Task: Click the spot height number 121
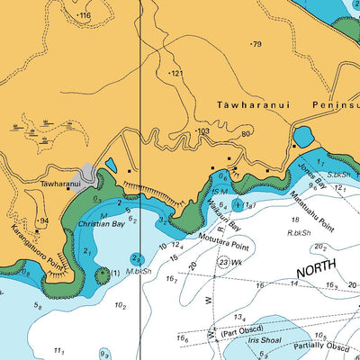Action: point(176,73)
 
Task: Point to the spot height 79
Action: point(256,44)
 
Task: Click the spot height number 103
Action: point(203,131)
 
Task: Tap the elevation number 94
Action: point(42,220)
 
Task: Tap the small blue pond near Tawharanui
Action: point(111,165)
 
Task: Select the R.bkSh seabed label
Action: point(299,232)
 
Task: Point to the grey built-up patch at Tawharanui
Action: point(88,174)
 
